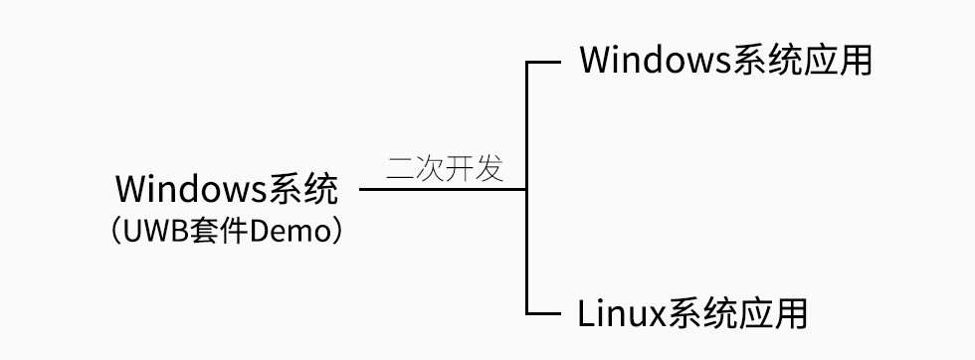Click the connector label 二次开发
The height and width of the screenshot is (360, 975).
(445, 167)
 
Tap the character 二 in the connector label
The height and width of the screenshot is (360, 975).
(401, 167)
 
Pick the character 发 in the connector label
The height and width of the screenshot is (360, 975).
(489, 167)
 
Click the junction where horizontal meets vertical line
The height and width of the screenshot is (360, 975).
(526, 189)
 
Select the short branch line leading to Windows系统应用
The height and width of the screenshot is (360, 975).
(543, 63)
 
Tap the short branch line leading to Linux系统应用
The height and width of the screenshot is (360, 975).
(543, 314)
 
